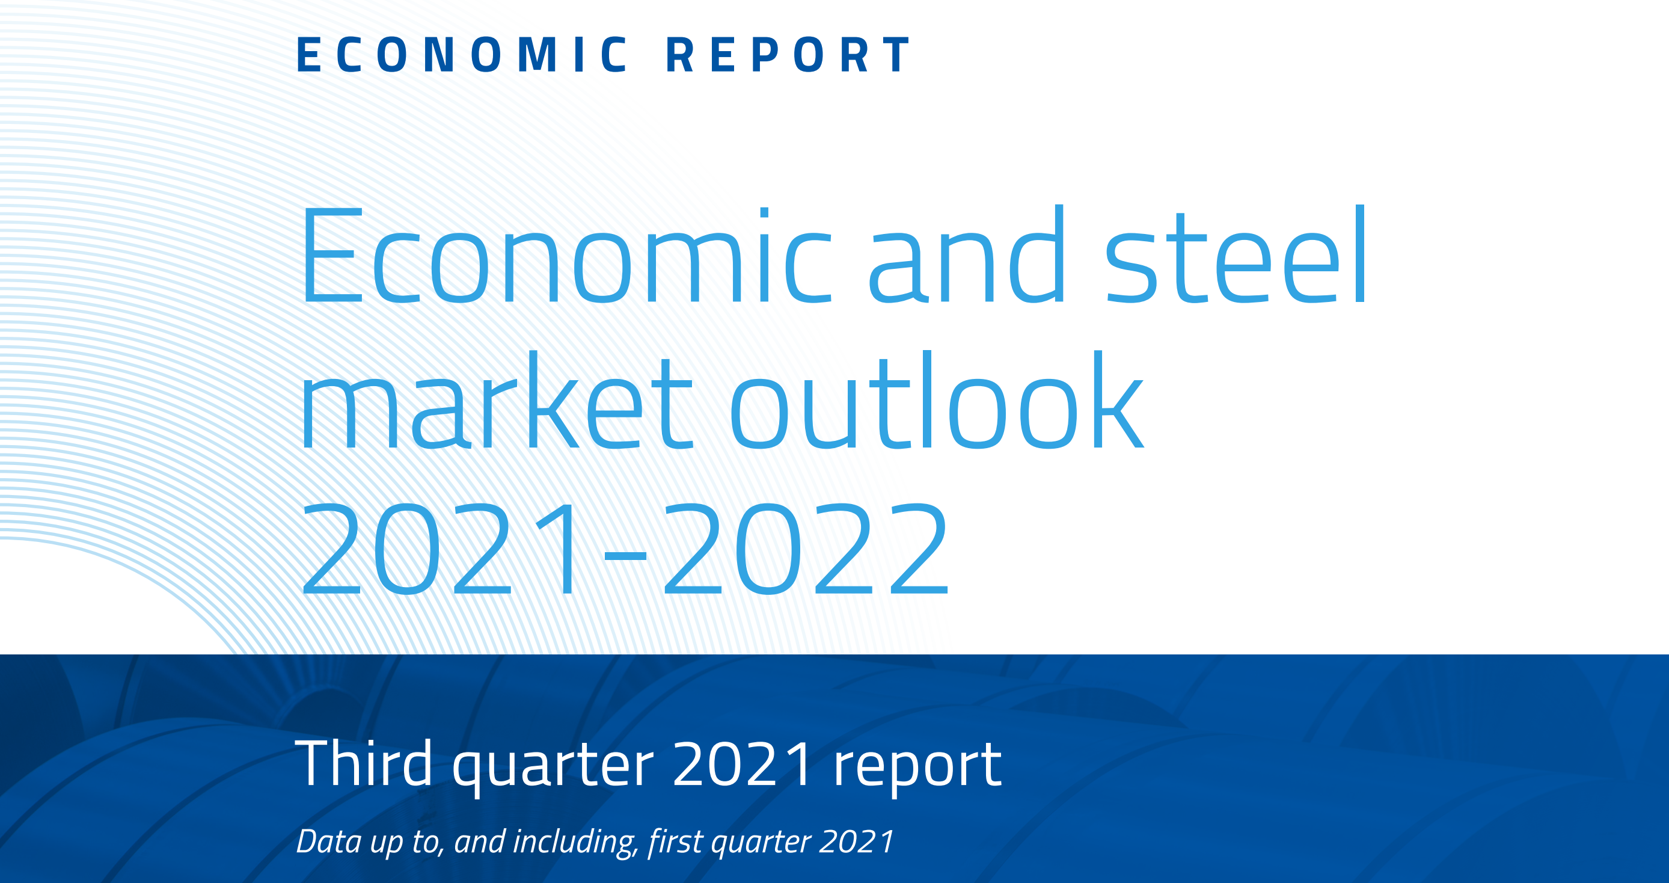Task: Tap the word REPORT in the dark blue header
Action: (x=788, y=55)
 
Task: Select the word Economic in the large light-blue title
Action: (x=566, y=256)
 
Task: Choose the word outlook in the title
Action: (x=936, y=399)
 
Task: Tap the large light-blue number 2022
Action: (x=806, y=549)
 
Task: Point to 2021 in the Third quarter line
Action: (x=743, y=764)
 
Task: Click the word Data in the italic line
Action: (x=329, y=841)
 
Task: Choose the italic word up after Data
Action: (x=386, y=845)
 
